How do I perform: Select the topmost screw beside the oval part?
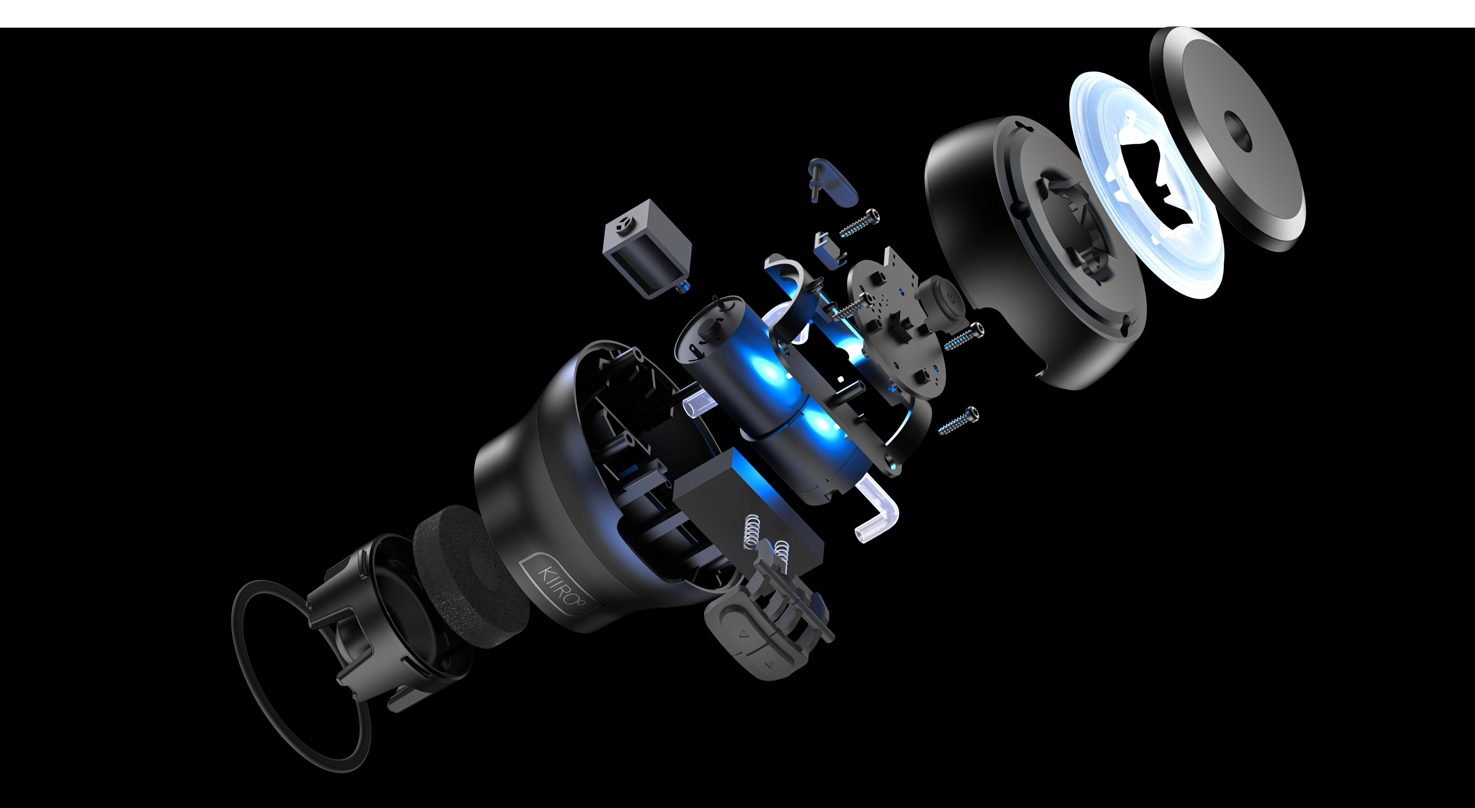point(859,223)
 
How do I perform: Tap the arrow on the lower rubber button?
point(769,664)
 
